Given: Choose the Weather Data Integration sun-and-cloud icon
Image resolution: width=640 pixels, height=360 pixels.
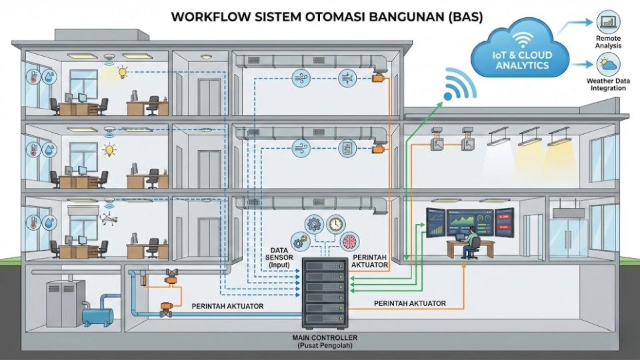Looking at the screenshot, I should tap(607, 65).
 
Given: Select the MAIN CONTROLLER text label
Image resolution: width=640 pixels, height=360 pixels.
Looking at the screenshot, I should tap(325, 337).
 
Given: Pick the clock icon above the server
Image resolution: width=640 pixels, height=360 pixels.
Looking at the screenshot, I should tap(335, 223).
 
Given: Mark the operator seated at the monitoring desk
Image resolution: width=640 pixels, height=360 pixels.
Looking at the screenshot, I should tap(470, 241).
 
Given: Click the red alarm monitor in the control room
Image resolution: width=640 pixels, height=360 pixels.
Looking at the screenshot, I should tap(503, 223).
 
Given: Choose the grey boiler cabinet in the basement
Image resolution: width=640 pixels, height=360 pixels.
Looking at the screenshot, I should tap(65, 303).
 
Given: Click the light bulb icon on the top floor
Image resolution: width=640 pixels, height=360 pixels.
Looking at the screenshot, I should tap(122, 71).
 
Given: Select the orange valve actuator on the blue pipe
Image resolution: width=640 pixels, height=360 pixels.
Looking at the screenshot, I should tap(165, 309).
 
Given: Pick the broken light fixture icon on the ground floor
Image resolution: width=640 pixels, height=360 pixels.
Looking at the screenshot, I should tap(107, 217).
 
